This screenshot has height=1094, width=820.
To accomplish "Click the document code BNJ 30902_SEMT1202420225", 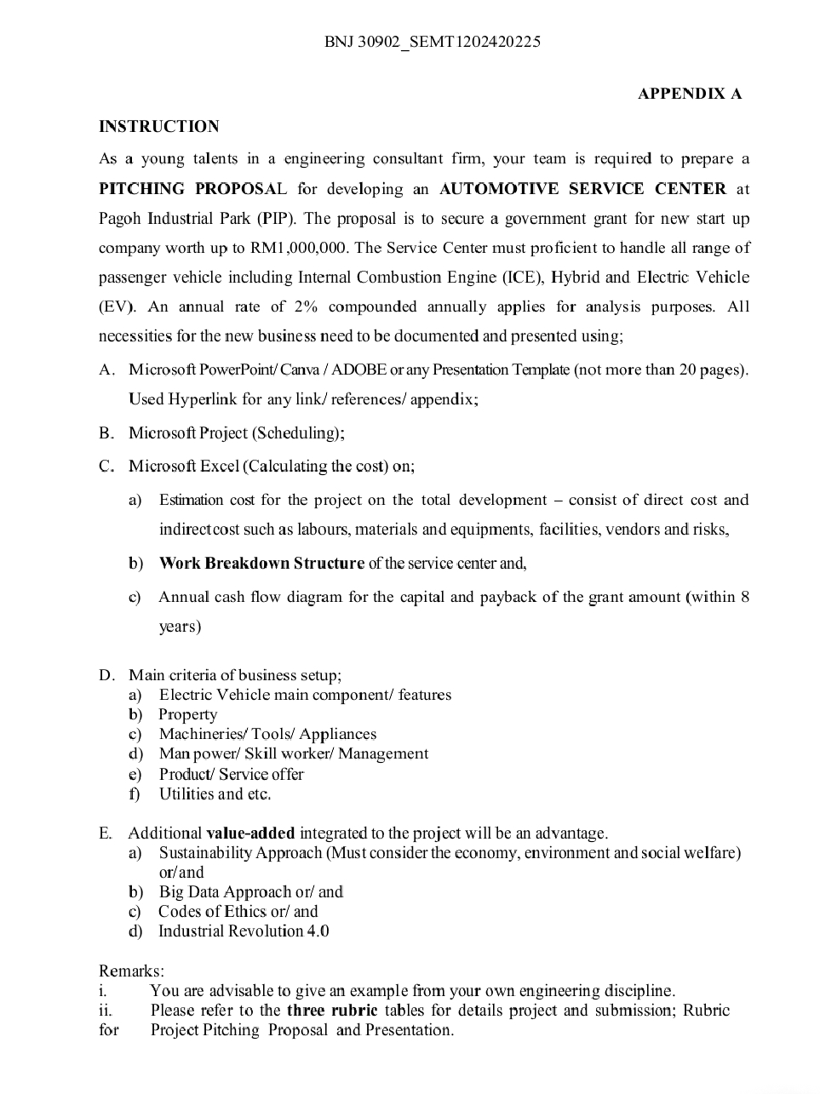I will coord(432,42).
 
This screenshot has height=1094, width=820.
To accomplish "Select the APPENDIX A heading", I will coord(689,94).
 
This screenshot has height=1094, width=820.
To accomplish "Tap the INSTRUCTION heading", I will coord(159,127).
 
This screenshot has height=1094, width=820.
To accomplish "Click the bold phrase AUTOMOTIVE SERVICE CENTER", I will coord(582,189).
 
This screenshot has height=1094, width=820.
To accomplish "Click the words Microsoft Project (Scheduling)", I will coord(236,432).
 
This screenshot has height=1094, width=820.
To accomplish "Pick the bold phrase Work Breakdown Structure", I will coord(261,564).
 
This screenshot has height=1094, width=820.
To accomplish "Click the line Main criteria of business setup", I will coord(234,675).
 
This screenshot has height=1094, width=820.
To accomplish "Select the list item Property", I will coord(187,714).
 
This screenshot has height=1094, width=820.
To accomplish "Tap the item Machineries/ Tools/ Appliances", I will coord(267,734).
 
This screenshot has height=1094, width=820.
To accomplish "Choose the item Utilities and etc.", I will coord(215,793).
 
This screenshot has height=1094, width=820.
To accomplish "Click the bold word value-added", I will coord(250,833).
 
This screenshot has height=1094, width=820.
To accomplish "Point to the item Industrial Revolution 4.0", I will coord(244,931).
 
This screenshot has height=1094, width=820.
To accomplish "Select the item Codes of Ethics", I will coord(212,911).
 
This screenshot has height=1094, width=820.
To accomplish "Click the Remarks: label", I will coord(131,971).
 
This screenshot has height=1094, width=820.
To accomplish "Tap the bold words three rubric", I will coord(332,1011).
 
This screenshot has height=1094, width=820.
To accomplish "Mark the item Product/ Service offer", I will coord(231,774).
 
